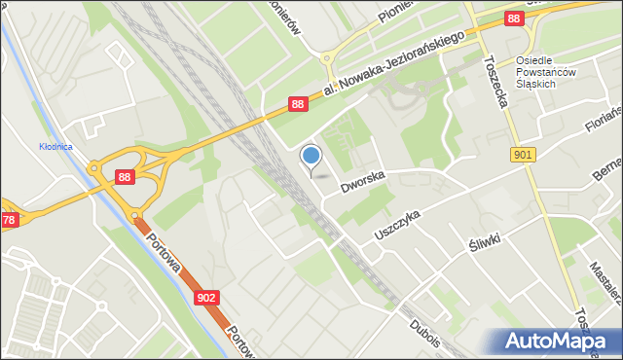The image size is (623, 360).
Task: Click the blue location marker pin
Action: coord(311,158)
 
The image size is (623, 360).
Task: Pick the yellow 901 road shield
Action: coord(523,155)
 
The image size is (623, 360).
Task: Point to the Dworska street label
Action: coord(362,177)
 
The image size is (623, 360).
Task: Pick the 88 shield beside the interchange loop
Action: coord(125,176)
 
